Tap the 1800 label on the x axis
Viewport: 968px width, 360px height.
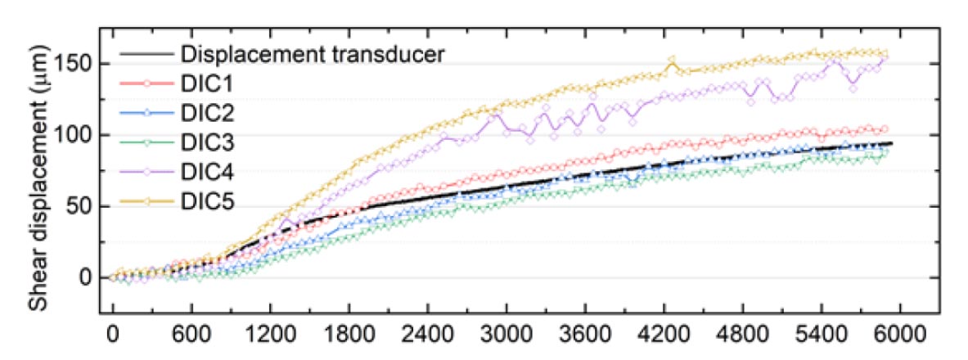pos(349,335)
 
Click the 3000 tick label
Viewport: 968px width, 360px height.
pos(507,335)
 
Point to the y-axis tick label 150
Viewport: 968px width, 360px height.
pos(76,65)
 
